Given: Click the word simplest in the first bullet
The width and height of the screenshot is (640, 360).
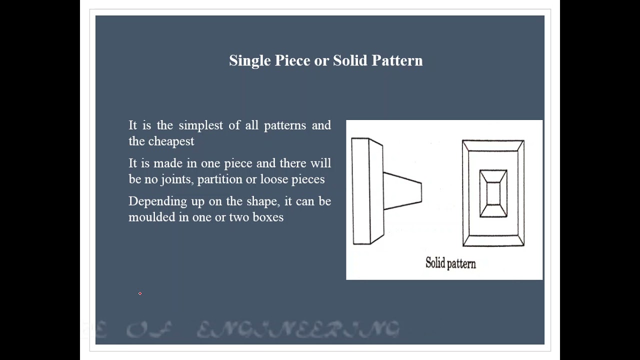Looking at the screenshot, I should tap(200, 125).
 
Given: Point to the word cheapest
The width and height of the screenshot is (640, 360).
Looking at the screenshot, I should tap(171, 141).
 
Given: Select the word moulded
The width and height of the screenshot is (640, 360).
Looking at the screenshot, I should tap(151, 217).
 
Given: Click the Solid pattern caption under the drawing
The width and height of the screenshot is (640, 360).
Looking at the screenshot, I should tap(450, 263).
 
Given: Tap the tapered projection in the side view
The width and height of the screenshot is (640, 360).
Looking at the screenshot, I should tap(402, 190).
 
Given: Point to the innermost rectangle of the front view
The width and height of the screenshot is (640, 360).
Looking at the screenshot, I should tap(493, 193).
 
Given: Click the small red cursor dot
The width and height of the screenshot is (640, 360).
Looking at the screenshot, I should tap(140, 293).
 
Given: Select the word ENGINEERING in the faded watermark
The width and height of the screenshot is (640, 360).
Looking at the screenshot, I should tap(298, 330).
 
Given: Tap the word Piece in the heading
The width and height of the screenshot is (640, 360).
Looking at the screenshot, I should tap(292, 61).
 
